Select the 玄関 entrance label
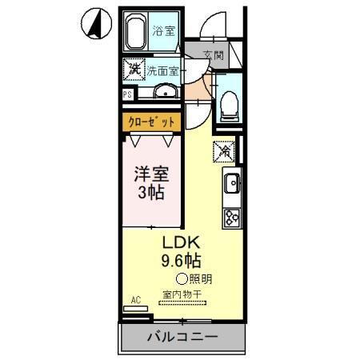point(213,56)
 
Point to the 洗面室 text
point(162,70)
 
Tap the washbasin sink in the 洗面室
point(166,90)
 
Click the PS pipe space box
point(127,94)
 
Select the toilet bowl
point(228,102)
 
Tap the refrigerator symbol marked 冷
point(225,150)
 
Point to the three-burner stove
point(232,216)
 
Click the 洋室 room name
point(152,172)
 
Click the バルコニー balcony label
point(182,337)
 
